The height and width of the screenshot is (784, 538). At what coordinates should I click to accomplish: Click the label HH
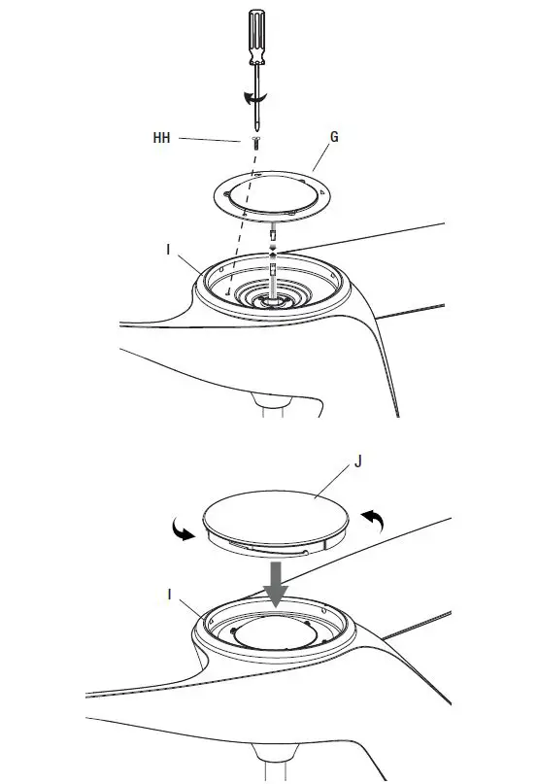pos(161,139)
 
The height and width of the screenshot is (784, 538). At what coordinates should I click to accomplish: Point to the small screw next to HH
pos(254,142)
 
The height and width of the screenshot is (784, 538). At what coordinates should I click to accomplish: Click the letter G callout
pos(335,138)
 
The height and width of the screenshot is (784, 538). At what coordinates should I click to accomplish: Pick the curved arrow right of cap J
pos(373,522)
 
